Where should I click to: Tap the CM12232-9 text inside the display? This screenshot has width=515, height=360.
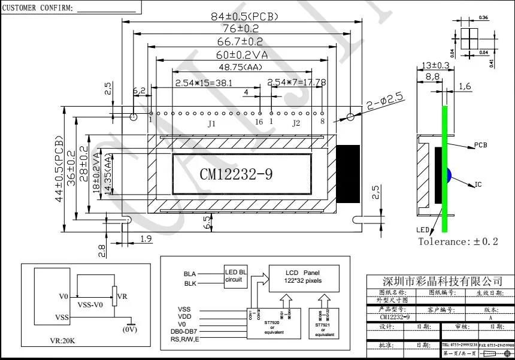point(236,174)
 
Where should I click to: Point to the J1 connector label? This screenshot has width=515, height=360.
point(211,124)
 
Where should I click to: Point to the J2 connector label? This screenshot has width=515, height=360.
point(295,124)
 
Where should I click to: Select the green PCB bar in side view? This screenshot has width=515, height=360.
point(445,168)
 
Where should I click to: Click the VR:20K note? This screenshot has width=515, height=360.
point(62,341)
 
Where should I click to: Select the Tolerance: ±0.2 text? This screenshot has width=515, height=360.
point(458,241)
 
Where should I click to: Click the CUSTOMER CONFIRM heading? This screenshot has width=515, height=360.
point(38,8)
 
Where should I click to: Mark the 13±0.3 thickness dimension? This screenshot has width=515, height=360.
point(435,65)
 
